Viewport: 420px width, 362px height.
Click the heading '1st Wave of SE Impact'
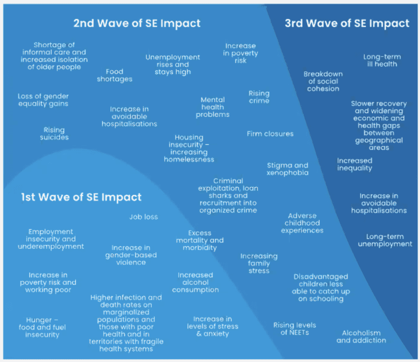pyautogui.click(x=81, y=197)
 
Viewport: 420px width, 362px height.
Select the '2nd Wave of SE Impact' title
pyautogui.click(x=137, y=23)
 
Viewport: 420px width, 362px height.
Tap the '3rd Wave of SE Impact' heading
pyautogui.click(x=347, y=23)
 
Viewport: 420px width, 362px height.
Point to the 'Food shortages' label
pyautogui.click(x=114, y=75)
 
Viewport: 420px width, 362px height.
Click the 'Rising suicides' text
pyautogui.click(x=54, y=134)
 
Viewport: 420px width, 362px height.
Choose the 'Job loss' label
pyautogui.click(x=144, y=217)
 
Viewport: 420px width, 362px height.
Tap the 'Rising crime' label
pyautogui.click(x=259, y=97)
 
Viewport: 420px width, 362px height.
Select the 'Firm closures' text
pyautogui.click(x=270, y=134)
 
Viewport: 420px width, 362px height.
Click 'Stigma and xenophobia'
pyautogui.click(x=287, y=169)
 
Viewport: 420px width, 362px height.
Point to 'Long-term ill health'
pyautogui.click(x=382, y=60)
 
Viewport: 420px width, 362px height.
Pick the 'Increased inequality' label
pyautogui.click(x=355, y=164)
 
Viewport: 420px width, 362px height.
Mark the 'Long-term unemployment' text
pyautogui.click(x=385, y=240)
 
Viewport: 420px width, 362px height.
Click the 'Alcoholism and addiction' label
pyautogui.click(x=361, y=336)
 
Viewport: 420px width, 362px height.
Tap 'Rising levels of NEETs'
pyautogui.click(x=294, y=328)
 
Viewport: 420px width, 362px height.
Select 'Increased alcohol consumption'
pyautogui.click(x=195, y=283)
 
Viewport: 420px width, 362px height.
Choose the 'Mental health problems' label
pyautogui.click(x=213, y=107)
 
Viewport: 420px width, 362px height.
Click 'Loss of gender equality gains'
pyautogui.click(x=43, y=100)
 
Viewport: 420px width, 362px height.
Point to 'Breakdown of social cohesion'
pyautogui.click(x=323, y=81)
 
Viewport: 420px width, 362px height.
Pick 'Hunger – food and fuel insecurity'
pyautogui.click(x=42, y=327)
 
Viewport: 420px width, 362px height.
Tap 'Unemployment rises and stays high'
pyautogui.click(x=173, y=64)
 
